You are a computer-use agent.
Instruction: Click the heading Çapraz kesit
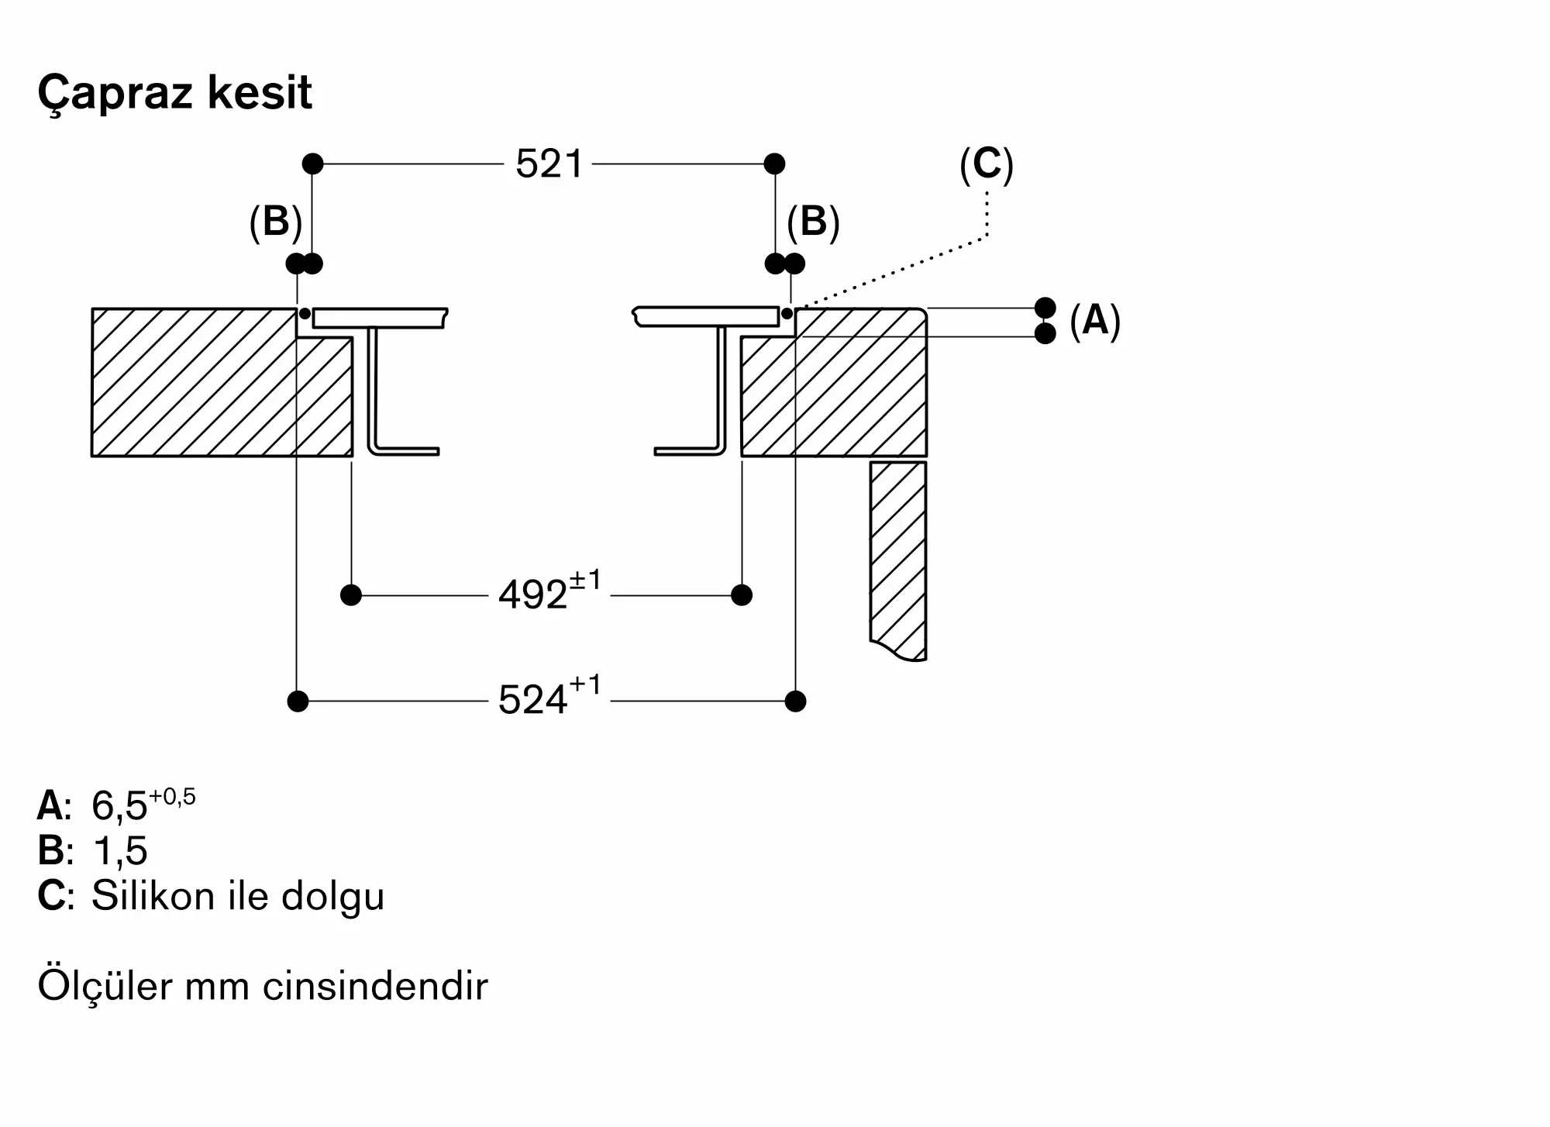(174, 94)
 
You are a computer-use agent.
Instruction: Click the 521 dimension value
(549, 164)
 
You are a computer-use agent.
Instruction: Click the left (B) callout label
(275, 222)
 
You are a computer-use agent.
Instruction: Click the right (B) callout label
(813, 222)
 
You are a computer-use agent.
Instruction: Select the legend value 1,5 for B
(119, 850)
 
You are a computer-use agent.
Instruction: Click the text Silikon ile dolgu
(238, 896)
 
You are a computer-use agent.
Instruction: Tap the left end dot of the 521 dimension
(312, 164)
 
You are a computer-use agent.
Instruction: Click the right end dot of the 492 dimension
(742, 595)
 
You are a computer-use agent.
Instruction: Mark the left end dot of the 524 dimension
(298, 701)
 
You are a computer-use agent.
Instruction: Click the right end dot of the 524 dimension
(795, 701)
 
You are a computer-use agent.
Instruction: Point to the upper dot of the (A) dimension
(1045, 308)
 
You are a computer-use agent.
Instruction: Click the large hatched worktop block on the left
(194, 382)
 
